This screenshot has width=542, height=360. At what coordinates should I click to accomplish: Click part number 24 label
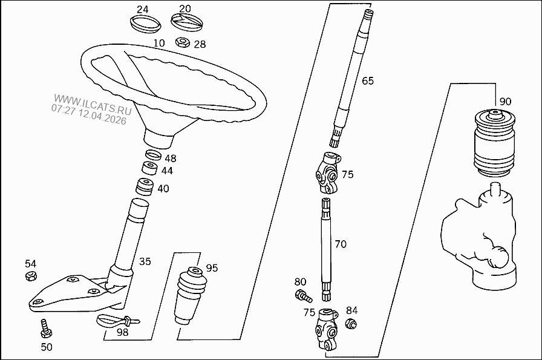(142, 9)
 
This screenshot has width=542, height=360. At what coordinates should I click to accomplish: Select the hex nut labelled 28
(181, 43)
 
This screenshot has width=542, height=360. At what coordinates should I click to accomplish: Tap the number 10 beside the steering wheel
(159, 43)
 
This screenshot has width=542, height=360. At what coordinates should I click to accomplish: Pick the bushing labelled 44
(149, 169)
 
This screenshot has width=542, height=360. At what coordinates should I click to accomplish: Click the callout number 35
(145, 262)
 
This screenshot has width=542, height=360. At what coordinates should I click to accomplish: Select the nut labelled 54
(30, 277)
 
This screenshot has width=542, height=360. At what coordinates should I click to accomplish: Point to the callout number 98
(123, 332)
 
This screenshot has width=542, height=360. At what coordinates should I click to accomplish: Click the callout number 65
(368, 80)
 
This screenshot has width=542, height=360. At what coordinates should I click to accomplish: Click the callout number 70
(341, 244)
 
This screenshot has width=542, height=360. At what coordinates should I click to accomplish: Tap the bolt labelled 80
(302, 295)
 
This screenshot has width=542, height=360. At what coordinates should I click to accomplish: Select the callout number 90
(505, 101)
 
